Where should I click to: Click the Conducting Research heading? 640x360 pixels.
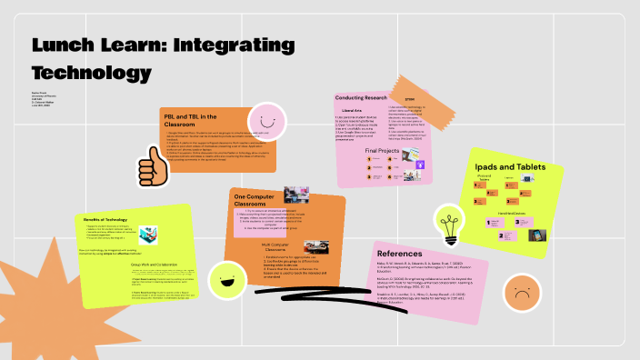click(361, 97)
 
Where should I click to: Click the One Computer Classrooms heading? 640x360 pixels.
click(257, 200)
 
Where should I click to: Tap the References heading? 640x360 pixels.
click(399, 254)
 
